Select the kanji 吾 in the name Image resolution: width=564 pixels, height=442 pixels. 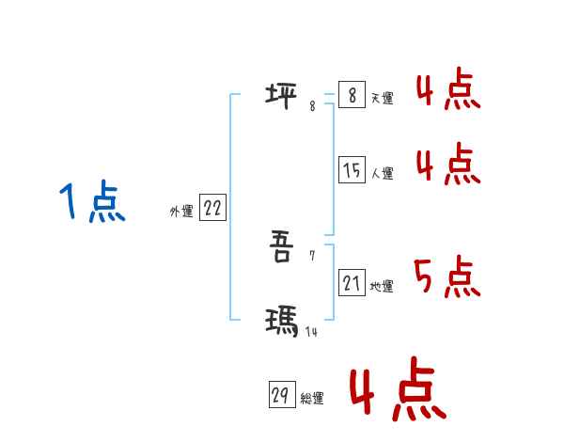pos(281,249)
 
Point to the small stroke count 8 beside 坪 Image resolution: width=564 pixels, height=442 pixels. pos(312,106)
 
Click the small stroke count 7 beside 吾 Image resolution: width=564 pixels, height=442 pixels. pos(312,255)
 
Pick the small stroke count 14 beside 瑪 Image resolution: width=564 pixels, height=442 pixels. pos(310,331)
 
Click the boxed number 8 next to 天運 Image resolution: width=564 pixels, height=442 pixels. pos(352,95)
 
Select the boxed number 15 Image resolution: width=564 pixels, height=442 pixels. pos(352,170)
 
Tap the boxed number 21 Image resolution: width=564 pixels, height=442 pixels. pos(352,282)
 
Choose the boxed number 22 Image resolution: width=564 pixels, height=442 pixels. pos(212,209)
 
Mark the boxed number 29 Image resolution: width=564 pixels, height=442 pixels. pos(280,396)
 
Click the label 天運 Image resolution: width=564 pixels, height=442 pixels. pos(382,98)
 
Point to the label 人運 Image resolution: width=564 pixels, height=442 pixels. pos(382,173)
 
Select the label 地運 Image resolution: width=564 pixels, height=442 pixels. pos(382,286)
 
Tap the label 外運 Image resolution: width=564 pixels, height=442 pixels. pos(181,213)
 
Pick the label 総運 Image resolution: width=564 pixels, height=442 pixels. pos(312,399)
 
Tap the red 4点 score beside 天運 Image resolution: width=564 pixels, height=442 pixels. pos(447,89)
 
